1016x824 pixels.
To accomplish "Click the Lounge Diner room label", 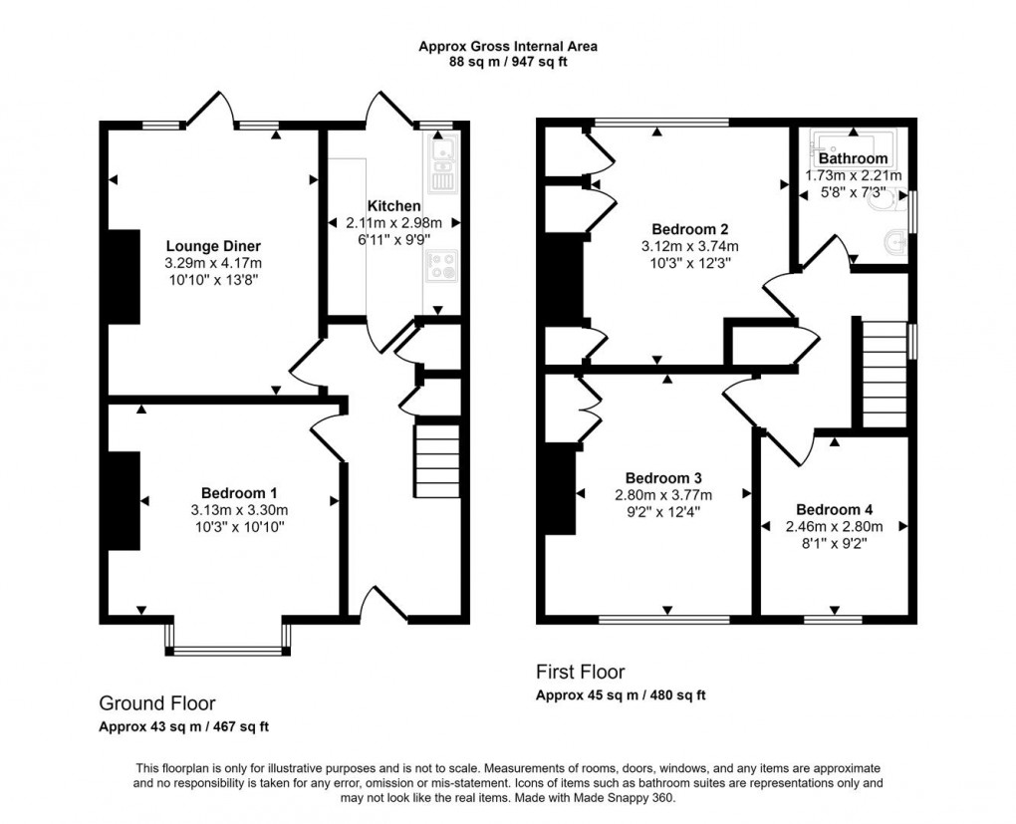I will (213, 246).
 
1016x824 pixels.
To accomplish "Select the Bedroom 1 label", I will (239, 492).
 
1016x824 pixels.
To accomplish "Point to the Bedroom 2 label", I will (689, 227).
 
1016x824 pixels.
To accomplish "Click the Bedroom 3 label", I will (662, 476).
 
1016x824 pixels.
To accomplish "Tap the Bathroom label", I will (853, 158).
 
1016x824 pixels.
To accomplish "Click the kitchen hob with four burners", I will (441, 267).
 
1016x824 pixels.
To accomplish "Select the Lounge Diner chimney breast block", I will (124, 277).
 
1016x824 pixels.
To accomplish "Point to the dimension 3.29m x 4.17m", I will (213, 263).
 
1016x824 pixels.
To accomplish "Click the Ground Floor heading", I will (156, 703).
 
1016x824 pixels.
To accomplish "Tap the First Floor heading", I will (581, 673).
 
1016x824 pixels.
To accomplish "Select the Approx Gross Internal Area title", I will (507, 46).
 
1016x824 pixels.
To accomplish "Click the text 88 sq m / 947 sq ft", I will (507, 62).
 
